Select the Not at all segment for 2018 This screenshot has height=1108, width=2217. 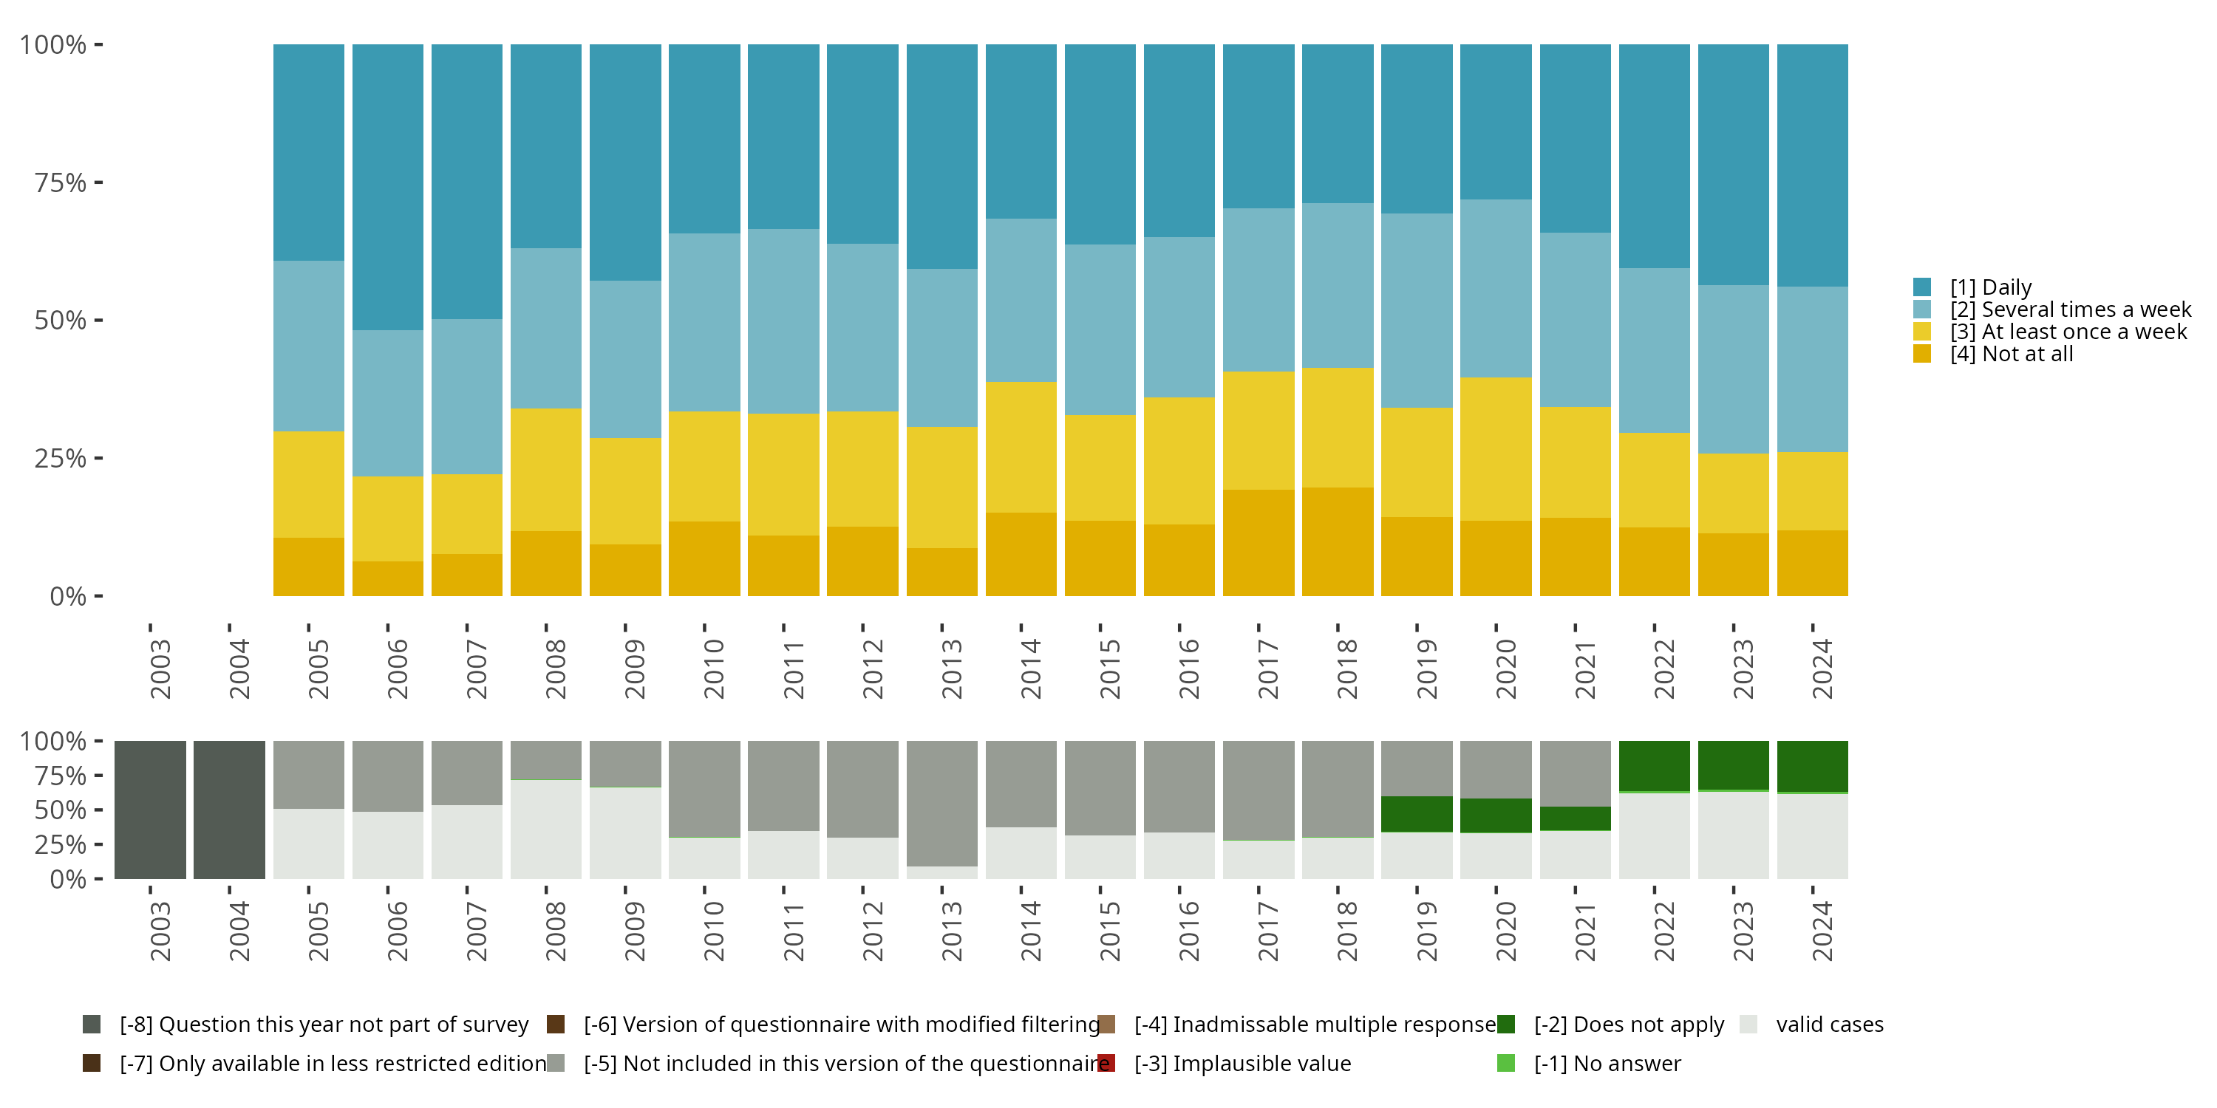1338,541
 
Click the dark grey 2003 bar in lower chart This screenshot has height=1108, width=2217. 150,810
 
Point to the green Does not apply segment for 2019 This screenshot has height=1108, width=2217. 1417,814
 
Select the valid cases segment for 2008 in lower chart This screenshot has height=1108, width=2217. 545,830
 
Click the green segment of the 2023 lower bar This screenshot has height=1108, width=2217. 1733,765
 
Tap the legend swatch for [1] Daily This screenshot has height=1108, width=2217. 1922,287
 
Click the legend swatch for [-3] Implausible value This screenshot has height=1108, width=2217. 1107,1063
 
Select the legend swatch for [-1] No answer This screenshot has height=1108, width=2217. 1506,1063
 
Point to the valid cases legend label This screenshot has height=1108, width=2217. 1829,1025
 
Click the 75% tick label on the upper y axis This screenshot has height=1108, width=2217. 61,182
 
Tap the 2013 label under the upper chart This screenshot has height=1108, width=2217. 951,668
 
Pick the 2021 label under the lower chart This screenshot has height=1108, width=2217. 1584,931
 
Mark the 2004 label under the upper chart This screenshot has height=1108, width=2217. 239,668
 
